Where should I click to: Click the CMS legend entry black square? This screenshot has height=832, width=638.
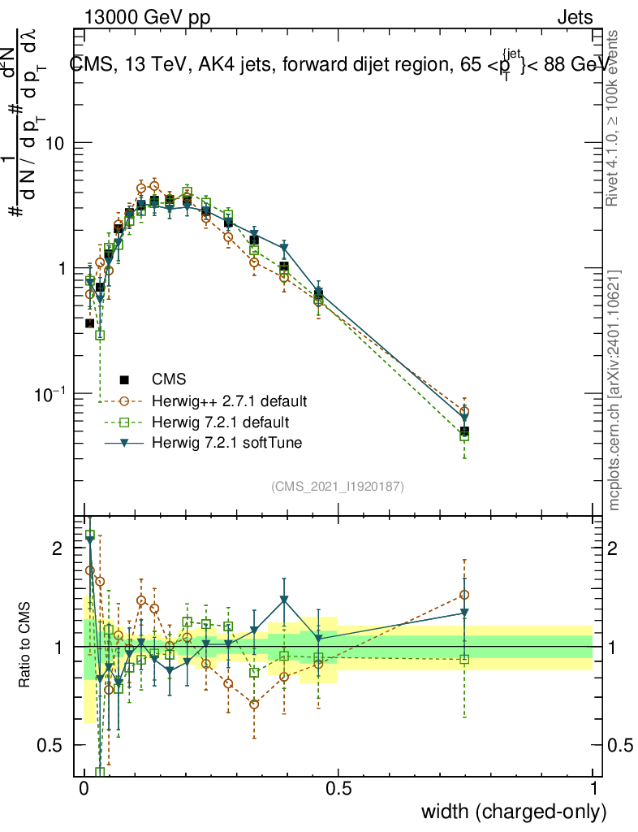coord(125,379)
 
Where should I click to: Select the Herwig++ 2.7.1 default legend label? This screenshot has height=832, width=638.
coord(230,401)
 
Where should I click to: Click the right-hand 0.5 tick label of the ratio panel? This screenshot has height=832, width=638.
coord(620,745)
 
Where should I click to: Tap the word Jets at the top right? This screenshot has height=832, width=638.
coord(575,18)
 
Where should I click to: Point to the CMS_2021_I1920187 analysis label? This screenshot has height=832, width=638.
coord(338,487)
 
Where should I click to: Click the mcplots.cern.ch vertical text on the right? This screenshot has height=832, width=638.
coord(615,390)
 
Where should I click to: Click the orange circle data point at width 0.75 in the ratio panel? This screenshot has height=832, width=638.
coord(464,595)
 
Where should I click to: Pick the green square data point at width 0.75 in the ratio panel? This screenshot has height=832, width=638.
coord(464,659)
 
